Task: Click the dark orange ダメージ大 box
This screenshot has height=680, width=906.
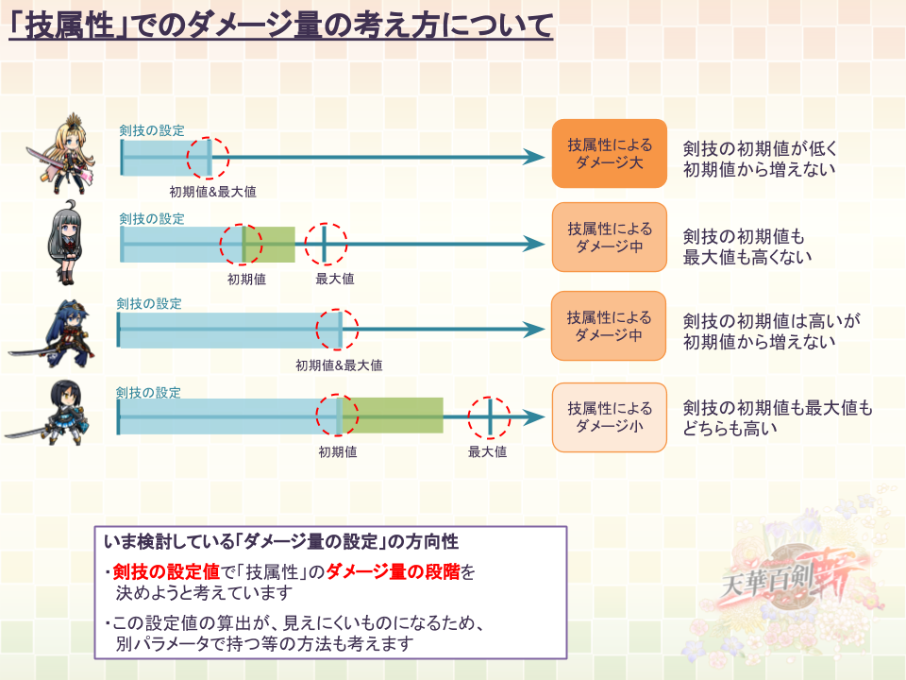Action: tap(610, 154)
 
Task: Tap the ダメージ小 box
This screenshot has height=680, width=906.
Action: tap(610, 417)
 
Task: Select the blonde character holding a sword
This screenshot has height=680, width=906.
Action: tap(62, 154)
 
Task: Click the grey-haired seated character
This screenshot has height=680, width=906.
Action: tap(66, 243)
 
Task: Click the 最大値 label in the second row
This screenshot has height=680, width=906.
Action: tap(334, 279)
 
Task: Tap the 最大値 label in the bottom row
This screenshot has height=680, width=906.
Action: tap(488, 451)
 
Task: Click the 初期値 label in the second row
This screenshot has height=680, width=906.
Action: tap(246, 280)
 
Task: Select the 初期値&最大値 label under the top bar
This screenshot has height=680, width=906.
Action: tap(212, 192)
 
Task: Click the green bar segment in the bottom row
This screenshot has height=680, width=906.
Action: tap(393, 416)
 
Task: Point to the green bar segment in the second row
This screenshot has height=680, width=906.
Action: tap(270, 245)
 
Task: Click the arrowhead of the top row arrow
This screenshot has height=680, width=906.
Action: tap(533, 157)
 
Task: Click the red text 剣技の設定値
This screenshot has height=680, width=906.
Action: tap(166, 572)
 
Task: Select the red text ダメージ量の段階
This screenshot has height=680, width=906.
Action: tap(393, 572)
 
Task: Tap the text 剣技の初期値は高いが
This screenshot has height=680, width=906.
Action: tap(772, 321)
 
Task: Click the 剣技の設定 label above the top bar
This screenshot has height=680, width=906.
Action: tap(152, 130)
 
